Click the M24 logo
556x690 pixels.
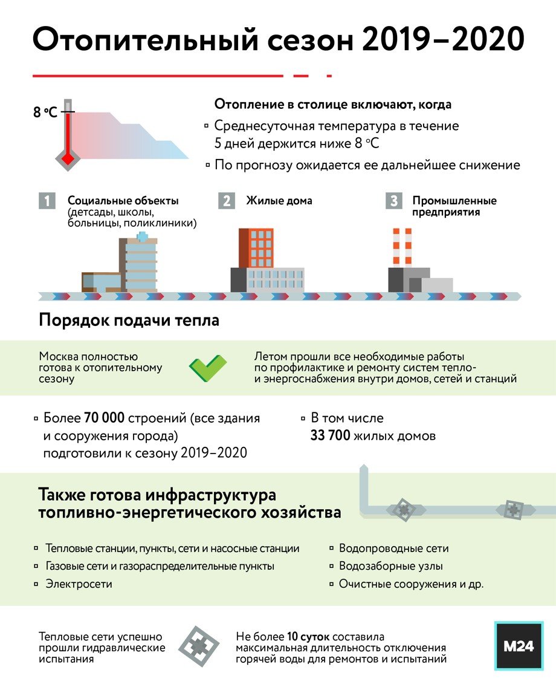(519, 646)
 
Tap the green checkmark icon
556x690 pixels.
(208, 368)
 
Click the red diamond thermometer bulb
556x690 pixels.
(67, 158)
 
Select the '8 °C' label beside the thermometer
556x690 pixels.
(45, 112)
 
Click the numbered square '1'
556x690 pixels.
(47, 201)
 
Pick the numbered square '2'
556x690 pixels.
(227, 201)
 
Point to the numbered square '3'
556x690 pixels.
(393, 201)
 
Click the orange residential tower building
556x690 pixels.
(256, 248)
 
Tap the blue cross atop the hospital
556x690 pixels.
(142, 237)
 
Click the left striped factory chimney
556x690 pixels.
(396, 247)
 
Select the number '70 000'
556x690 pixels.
(104, 418)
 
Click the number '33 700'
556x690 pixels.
(331, 435)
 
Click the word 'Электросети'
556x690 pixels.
(79, 584)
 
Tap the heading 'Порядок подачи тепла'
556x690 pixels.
(129, 320)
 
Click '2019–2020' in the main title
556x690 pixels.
(444, 39)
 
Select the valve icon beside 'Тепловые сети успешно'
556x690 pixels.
(199, 646)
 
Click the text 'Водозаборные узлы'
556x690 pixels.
(390, 566)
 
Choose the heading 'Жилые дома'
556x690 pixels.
(279, 201)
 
